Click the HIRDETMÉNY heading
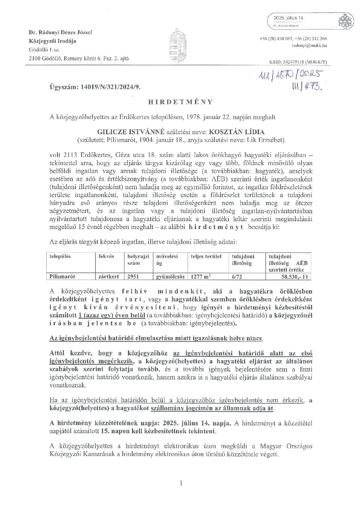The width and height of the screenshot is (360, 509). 180,102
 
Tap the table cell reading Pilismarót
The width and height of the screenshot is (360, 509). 62,277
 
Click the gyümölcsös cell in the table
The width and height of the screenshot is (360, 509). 170,277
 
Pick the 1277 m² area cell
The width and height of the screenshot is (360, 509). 201,277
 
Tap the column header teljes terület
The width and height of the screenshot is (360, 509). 206,257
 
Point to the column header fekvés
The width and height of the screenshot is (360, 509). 106,257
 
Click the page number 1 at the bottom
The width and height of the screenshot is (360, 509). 181,482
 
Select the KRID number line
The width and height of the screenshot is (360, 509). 298,63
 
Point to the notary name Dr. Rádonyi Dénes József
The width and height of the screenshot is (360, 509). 61,33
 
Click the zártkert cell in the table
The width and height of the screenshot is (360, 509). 108,277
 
